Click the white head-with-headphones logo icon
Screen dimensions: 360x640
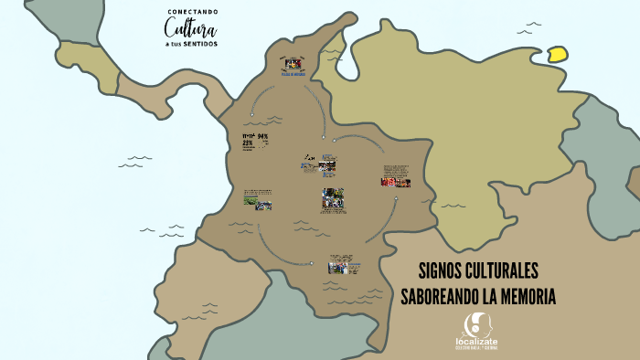[475, 323]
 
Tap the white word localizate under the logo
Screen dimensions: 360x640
[476, 341]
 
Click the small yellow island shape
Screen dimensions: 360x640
[557, 53]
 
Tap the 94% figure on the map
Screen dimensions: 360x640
[262, 136]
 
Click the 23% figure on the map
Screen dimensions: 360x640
[247, 143]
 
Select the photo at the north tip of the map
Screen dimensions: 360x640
[293, 64]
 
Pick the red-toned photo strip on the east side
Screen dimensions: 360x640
[395, 182]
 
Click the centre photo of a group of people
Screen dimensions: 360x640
[333, 198]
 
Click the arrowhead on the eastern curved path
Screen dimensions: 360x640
[395, 198]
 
